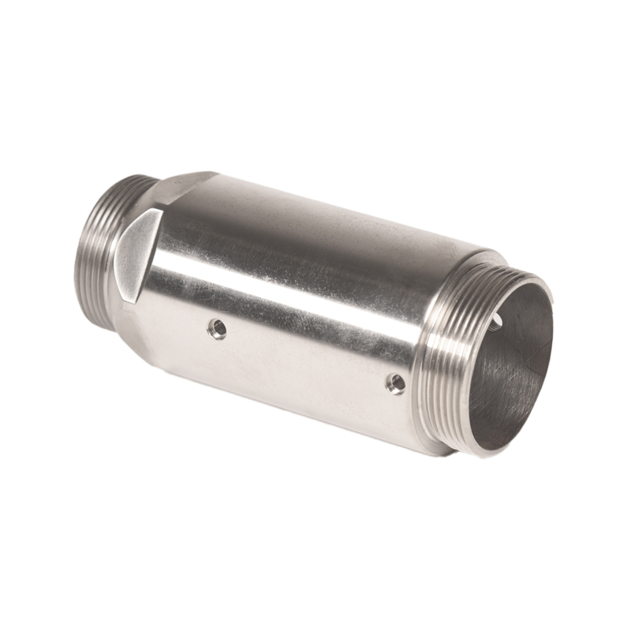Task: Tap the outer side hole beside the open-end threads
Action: (396, 383)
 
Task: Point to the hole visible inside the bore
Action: (497, 317)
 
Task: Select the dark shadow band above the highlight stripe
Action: (315, 245)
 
